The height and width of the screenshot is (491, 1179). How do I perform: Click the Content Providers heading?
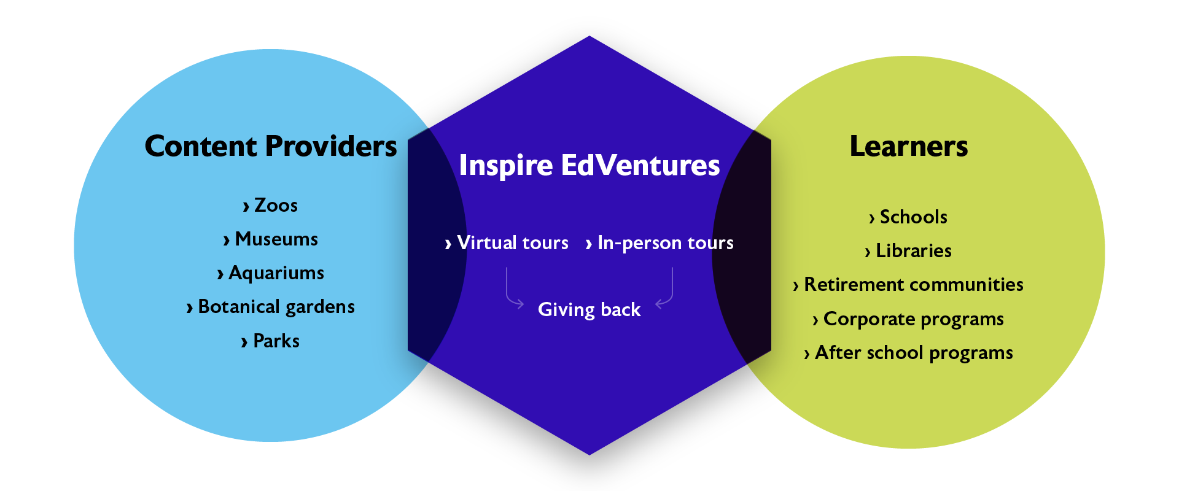tap(271, 147)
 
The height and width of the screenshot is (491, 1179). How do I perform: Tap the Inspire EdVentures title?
tap(589, 166)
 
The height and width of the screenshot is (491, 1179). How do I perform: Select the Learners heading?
tap(908, 147)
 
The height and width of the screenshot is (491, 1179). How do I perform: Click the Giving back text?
tap(589, 309)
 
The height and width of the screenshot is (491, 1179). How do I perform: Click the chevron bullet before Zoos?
tap(246, 207)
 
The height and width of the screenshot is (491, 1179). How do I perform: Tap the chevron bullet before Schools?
tap(871, 218)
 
